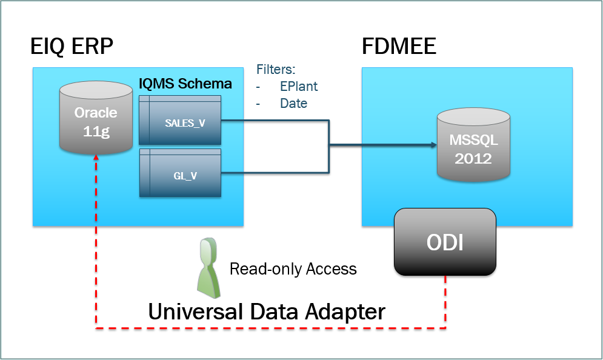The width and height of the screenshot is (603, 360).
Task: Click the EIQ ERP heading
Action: (72, 47)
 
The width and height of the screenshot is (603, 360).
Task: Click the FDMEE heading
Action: (399, 47)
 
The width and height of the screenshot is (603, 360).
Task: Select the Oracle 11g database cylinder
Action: (96, 120)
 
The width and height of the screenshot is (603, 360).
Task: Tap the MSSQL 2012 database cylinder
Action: (473, 148)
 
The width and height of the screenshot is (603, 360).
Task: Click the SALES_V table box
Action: (180, 122)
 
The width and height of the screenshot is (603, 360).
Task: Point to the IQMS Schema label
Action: (185, 84)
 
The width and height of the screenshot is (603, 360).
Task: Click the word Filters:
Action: (276, 68)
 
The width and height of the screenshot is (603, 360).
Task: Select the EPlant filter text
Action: (298, 86)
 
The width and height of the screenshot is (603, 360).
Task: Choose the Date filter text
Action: (293, 104)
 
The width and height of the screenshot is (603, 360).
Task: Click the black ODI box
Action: (445, 242)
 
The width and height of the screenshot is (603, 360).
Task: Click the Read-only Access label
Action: (293, 268)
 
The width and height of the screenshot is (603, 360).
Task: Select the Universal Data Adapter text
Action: (267, 312)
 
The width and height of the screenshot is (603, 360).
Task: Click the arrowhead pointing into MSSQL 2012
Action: (433, 145)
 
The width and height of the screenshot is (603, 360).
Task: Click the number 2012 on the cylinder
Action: (473, 159)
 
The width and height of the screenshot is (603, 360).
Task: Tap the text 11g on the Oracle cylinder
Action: (96, 130)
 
